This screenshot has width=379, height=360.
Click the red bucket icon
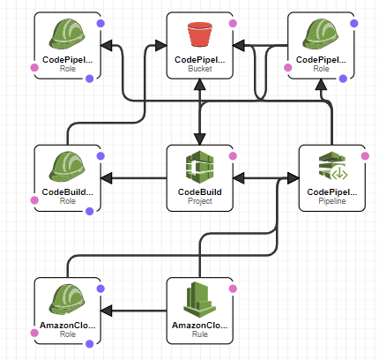coord(200,34)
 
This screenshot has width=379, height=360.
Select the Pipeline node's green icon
coord(333,166)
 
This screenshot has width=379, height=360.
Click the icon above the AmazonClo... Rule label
coord(199,300)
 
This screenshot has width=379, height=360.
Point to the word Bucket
coord(200,69)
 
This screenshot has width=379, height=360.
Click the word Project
coord(200,201)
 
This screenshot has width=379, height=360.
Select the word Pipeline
coord(332,201)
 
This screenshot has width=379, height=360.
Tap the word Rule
coord(200,334)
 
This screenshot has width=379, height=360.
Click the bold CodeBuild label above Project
coord(200,192)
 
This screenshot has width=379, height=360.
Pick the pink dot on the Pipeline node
coord(365,156)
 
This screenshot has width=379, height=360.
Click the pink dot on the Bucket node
coord(233,23)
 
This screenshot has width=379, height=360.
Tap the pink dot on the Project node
coord(233,156)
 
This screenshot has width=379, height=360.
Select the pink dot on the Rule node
coord(233,289)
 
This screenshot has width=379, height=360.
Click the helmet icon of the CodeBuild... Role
coord(67,167)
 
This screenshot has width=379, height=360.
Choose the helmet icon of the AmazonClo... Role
coord(67,299)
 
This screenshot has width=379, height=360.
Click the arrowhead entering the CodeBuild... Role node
coord(106,178)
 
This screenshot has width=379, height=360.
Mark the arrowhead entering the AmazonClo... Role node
coord(106,311)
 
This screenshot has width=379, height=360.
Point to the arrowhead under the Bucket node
coord(200,85)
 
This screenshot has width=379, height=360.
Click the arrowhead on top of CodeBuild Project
coord(200,139)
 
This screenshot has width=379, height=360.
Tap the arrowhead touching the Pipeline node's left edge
coord(294,178)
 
